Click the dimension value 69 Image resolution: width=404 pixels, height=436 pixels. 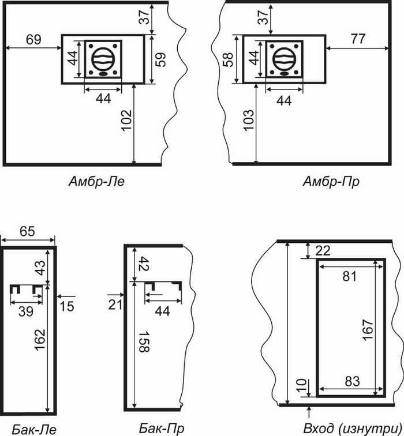pyautogui.click(x=33, y=39)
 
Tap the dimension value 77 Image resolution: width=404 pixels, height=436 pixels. pyautogui.click(x=358, y=39)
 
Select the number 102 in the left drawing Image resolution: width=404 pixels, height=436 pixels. pyautogui.click(x=126, y=120)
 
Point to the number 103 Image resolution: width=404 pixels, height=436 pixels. pyautogui.click(x=249, y=120)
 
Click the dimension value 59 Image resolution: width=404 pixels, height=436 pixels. pyautogui.click(x=160, y=59)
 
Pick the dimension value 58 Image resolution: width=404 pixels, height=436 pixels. pyautogui.click(x=228, y=59)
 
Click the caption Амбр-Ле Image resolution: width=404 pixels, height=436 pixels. pyautogui.click(x=96, y=182)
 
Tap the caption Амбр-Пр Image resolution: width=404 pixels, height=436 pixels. pyautogui.click(x=331, y=182)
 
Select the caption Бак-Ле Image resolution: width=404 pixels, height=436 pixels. pyautogui.click(x=34, y=429)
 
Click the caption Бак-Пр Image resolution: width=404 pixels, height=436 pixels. pyautogui.click(x=162, y=428)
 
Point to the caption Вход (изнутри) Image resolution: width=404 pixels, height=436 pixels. pyautogui.click(x=353, y=429)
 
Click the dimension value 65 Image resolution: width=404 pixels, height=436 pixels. pyautogui.click(x=27, y=231)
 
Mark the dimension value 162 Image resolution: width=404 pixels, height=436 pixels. pyautogui.click(x=40, y=340)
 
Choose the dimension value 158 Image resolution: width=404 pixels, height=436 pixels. pyautogui.click(x=144, y=342)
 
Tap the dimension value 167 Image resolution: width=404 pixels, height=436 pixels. pyautogui.click(x=368, y=330)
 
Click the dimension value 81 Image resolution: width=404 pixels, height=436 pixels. pyautogui.click(x=350, y=277)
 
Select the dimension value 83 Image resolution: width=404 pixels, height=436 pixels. pyautogui.click(x=352, y=382)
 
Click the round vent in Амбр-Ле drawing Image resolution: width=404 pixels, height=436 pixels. pyautogui.click(x=103, y=59)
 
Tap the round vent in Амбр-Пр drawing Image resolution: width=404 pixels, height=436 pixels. pyautogui.click(x=284, y=59)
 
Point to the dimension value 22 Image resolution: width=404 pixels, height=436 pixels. pyautogui.click(x=323, y=251)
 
